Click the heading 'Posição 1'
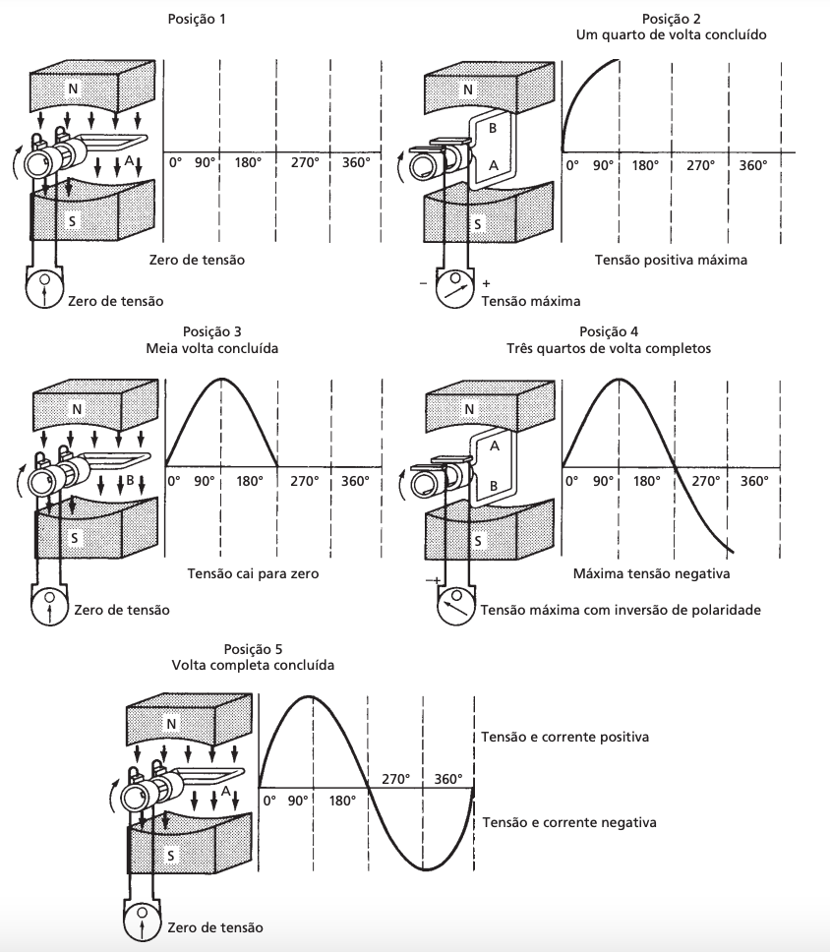196,19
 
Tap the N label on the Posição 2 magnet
467,89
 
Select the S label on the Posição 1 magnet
72,220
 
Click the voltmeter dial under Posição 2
454,289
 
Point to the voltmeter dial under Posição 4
455,605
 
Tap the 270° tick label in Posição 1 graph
304,162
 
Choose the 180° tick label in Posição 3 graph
250,481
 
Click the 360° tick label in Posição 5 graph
448,778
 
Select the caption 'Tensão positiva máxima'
671,260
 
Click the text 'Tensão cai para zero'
253,573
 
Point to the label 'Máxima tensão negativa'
651,573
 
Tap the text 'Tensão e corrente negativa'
569,823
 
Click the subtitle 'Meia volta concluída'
211,348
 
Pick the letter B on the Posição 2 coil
493,128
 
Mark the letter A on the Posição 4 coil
495,446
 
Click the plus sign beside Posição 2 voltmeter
486,283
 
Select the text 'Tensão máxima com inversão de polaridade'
621,610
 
